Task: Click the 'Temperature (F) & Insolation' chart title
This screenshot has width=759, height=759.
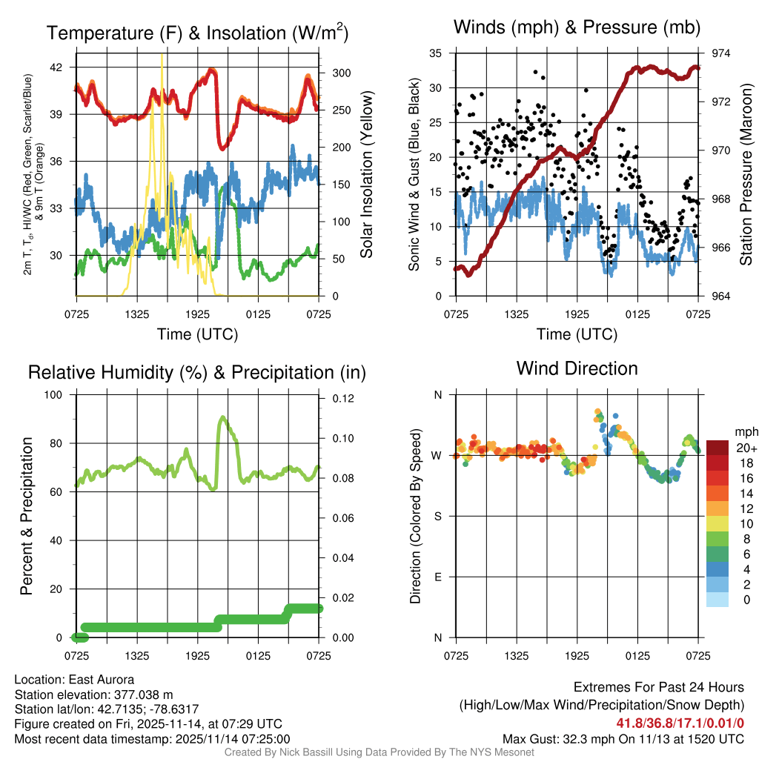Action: tap(197, 33)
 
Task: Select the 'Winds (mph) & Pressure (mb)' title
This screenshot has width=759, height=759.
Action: tap(577, 27)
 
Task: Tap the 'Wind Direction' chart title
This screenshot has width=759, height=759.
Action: tap(577, 368)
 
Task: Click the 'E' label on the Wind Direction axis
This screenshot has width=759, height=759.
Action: tap(437, 577)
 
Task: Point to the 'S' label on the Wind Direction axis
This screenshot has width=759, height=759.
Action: tap(437, 516)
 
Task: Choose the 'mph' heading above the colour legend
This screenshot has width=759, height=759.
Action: tap(745, 431)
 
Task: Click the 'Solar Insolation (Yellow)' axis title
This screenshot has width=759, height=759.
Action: tap(366, 175)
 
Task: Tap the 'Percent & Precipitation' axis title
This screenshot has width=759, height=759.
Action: tap(25, 516)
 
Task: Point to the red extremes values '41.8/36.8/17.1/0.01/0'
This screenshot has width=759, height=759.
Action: tap(679, 723)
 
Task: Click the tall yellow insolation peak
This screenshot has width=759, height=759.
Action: tap(162, 56)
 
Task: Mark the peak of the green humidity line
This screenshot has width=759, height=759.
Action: tap(222, 418)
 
